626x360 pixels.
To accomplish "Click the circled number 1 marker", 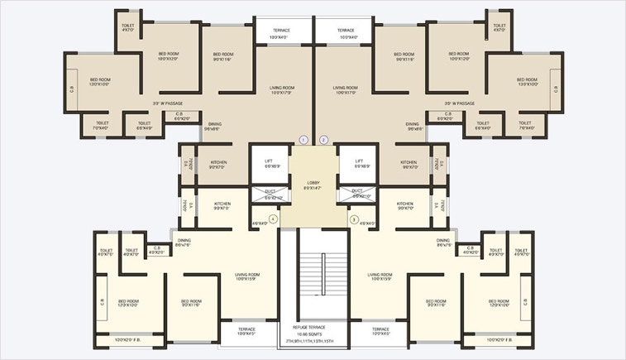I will [303, 139].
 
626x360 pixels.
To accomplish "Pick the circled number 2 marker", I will [323, 139].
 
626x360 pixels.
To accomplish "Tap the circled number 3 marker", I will [354, 219].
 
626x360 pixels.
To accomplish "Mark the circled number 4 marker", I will [272, 219].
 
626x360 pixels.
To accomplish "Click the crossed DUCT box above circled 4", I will [270, 195].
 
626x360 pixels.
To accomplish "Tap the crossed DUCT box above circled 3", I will [357, 195].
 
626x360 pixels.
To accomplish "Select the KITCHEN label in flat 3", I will [404, 205].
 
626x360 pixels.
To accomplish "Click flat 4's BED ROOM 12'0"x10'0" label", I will [128, 303].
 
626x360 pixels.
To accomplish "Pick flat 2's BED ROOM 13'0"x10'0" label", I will [528, 81].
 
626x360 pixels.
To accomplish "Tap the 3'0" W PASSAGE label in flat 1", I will [168, 103].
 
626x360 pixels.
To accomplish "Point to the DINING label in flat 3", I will [444, 242].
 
